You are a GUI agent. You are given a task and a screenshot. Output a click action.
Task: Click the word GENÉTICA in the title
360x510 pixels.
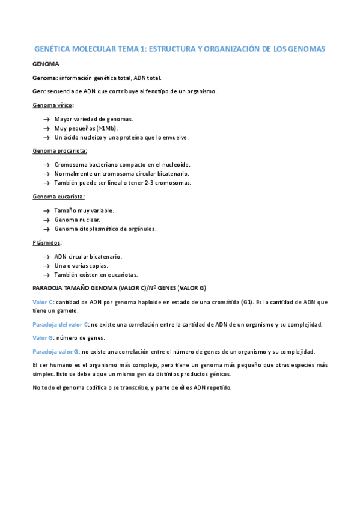tap(54, 49)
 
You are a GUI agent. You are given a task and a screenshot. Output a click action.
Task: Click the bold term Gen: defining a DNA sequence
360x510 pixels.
tap(38, 91)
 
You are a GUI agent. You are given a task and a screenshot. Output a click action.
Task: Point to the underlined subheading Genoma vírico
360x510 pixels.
tap(52, 105)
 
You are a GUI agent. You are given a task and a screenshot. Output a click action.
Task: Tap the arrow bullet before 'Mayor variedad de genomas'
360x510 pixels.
tap(46, 119)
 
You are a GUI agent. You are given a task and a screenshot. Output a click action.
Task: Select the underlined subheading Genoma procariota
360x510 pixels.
tap(59, 150)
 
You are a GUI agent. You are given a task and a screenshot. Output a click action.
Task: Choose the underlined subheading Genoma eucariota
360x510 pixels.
tap(58, 196)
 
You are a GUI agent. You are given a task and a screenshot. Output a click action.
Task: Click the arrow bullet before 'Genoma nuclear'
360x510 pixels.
tap(46, 220)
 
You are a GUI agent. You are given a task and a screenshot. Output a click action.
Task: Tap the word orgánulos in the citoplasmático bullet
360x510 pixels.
tap(139, 229)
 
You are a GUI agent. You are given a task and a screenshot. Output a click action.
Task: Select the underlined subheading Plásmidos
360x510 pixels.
tap(47, 242)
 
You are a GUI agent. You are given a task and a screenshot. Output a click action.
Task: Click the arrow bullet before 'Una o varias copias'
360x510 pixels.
tap(46, 265)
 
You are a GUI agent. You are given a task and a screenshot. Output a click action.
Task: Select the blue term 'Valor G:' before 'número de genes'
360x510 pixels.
tap(43, 338)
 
